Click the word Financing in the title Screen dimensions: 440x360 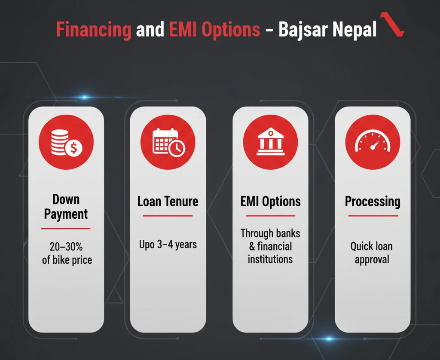pyautogui.click(x=94, y=30)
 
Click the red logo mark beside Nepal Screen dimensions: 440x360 pyautogui.click(x=392, y=24)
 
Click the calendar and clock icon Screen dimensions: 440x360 pyautogui.click(x=168, y=142)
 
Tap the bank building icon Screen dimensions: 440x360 pyautogui.click(x=271, y=141)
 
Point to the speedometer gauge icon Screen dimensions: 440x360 pyautogui.click(x=373, y=141)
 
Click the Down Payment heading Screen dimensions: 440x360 pyautogui.click(x=66, y=207)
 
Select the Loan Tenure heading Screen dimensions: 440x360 pyautogui.click(x=168, y=201)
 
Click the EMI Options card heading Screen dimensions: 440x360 pyautogui.click(x=271, y=202)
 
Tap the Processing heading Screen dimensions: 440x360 pyautogui.click(x=373, y=202)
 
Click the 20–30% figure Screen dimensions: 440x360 pyautogui.click(x=66, y=247)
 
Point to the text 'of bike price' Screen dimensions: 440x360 pyautogui.click(x=67, y=260)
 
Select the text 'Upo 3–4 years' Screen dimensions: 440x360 pyautogui.click(x=168, y=245)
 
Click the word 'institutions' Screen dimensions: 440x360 pyautogui.click(x=270, y=259)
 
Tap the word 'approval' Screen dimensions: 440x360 pyautogui.click(x=372, y=260)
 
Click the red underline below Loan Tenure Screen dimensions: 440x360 pyautogui.click(x=168, y=216)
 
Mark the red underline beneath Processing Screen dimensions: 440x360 pyautogui.click(x=373, y=216)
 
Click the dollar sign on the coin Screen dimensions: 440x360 pyautogui.click(x=73, y=148)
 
